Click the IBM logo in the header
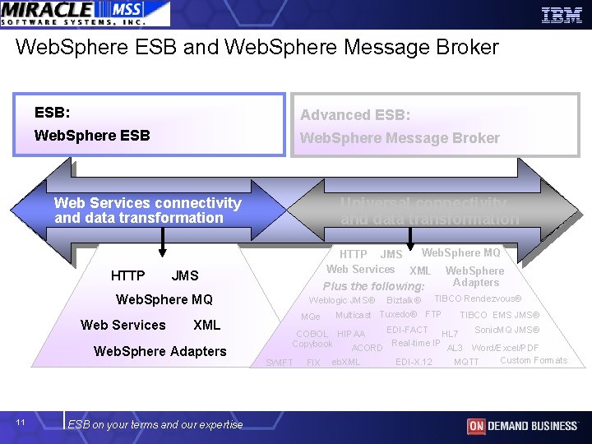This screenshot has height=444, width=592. coord(562,14)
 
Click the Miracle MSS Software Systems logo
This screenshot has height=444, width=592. coord(85,13)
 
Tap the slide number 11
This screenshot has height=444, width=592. coord(21,423)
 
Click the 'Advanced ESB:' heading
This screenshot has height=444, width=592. coord(354,115)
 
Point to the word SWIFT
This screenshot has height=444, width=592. coord(279,363)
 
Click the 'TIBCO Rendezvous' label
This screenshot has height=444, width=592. coord(478,298)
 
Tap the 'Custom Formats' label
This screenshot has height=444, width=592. coord(534,360)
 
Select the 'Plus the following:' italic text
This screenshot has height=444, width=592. coord(373,286)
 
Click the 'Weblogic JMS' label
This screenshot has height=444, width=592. coord(342,300)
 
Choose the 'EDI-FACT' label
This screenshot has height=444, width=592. coord(407,330)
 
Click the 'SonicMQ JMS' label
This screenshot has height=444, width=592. coord(506,330)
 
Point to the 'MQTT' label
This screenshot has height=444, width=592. coord(466,363)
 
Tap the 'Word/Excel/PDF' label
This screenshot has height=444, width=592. coord(505,348)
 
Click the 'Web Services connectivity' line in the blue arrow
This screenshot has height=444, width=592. coord(148,203)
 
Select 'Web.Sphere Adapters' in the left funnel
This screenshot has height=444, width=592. coord(160,351)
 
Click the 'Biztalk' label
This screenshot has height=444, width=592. coord(404,300)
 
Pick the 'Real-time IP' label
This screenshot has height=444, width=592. coord(415,343)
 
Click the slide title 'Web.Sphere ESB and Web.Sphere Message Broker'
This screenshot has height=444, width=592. coord(257,48)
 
